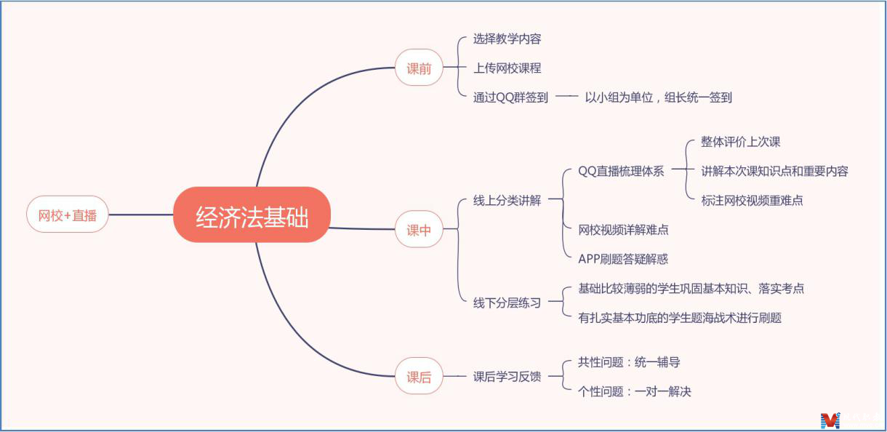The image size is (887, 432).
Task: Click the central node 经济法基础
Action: tap(252, 215)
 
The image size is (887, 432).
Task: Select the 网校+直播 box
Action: tap(67, 215)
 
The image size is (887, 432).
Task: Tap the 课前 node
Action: tap(419, 68)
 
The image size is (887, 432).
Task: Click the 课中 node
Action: tap(419, 230)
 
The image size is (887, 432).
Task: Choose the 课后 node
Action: tap(419, 377)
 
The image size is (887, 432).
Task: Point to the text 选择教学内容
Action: tap(507, 39)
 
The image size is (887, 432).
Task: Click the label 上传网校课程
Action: tap(507, 68)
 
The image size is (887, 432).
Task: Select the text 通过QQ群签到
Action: tap(510, 97)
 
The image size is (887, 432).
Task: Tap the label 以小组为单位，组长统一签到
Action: tap(658, 97)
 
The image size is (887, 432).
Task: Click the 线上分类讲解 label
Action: tap(507, 201)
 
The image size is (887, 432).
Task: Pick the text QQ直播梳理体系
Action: tap(621, 172)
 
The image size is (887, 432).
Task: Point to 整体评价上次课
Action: tap(740, 142)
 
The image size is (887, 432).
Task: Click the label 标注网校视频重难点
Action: tap(752, 201)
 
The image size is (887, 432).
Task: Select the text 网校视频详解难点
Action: tap(623, 230)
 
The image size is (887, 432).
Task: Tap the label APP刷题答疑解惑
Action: tap(623, 259)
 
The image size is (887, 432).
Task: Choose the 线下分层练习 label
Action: tap(507, 303)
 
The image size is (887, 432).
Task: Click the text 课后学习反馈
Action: tap(507, 377)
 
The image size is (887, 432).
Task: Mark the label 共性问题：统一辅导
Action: tap(629, 361)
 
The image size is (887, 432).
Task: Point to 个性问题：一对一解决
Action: tap(634, 391)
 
